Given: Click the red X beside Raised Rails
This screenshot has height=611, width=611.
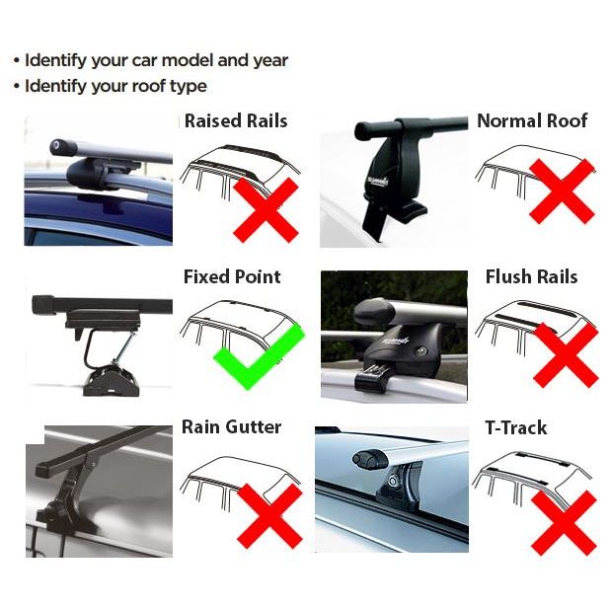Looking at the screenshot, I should click(x=267, y=208).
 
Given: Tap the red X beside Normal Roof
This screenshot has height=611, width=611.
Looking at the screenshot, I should click(x=562, y=192).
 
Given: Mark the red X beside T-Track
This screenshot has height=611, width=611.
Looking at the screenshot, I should click(x=563, y=521).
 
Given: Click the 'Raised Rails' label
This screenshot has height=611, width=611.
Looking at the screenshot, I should click(x=236, y=121).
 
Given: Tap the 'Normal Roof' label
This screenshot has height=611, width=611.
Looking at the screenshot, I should click(x=532, y=121).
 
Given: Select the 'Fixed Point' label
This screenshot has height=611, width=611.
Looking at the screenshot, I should click(x=232, y=277).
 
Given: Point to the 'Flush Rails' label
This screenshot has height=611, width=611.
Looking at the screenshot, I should click(x=531, y=277).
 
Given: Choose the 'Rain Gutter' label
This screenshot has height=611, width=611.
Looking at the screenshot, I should click(x=231, y=427).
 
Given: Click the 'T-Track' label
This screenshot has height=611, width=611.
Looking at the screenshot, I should click(x=515, y=428).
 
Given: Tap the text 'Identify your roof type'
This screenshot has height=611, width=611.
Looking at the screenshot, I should click(x=115, y=86).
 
